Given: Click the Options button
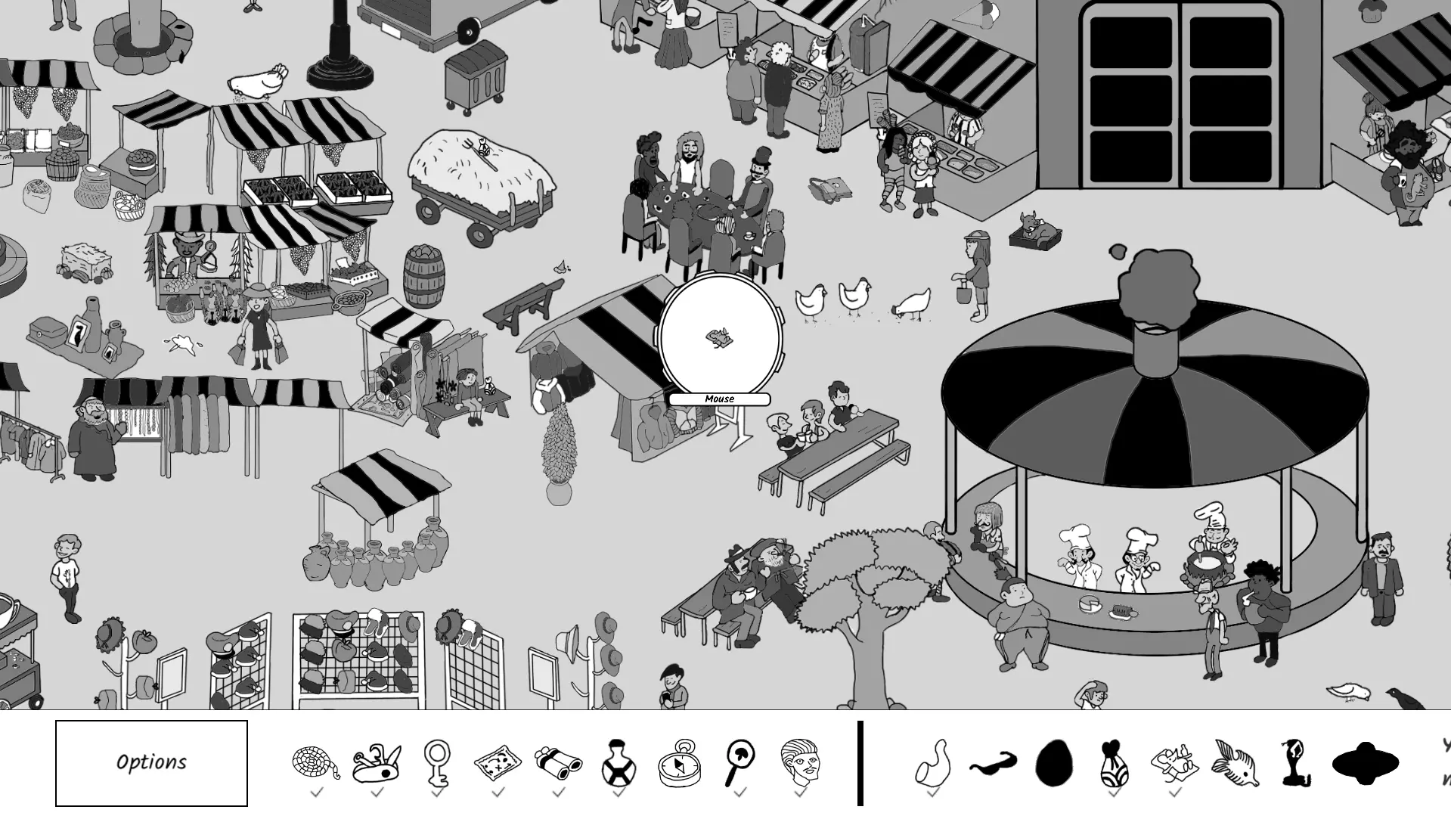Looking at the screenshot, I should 151,762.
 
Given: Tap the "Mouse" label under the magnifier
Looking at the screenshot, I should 719,399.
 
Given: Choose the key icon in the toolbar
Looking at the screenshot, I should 437,762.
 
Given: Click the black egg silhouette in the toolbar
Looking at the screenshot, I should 1053,763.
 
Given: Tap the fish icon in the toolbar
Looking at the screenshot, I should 1235,763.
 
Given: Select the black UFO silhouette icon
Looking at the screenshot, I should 1364,763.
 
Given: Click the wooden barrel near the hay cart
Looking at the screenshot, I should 424,276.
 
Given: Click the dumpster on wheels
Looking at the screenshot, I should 475,76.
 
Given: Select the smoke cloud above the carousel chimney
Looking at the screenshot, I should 1157,284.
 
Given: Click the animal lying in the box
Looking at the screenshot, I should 1034,228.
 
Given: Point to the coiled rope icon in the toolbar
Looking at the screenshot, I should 315,762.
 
